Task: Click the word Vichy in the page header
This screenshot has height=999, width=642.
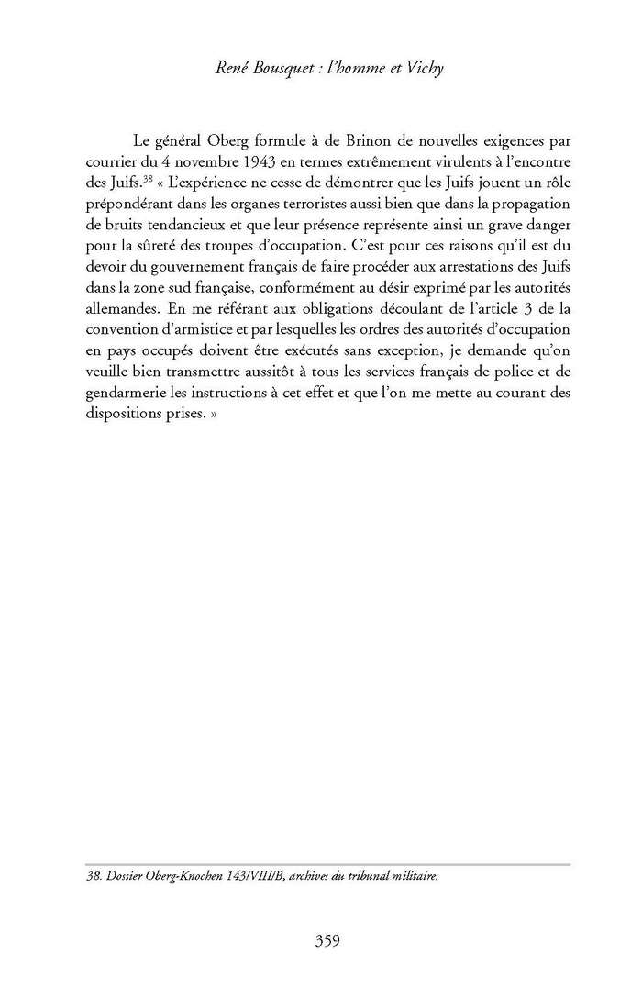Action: point(422,69)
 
